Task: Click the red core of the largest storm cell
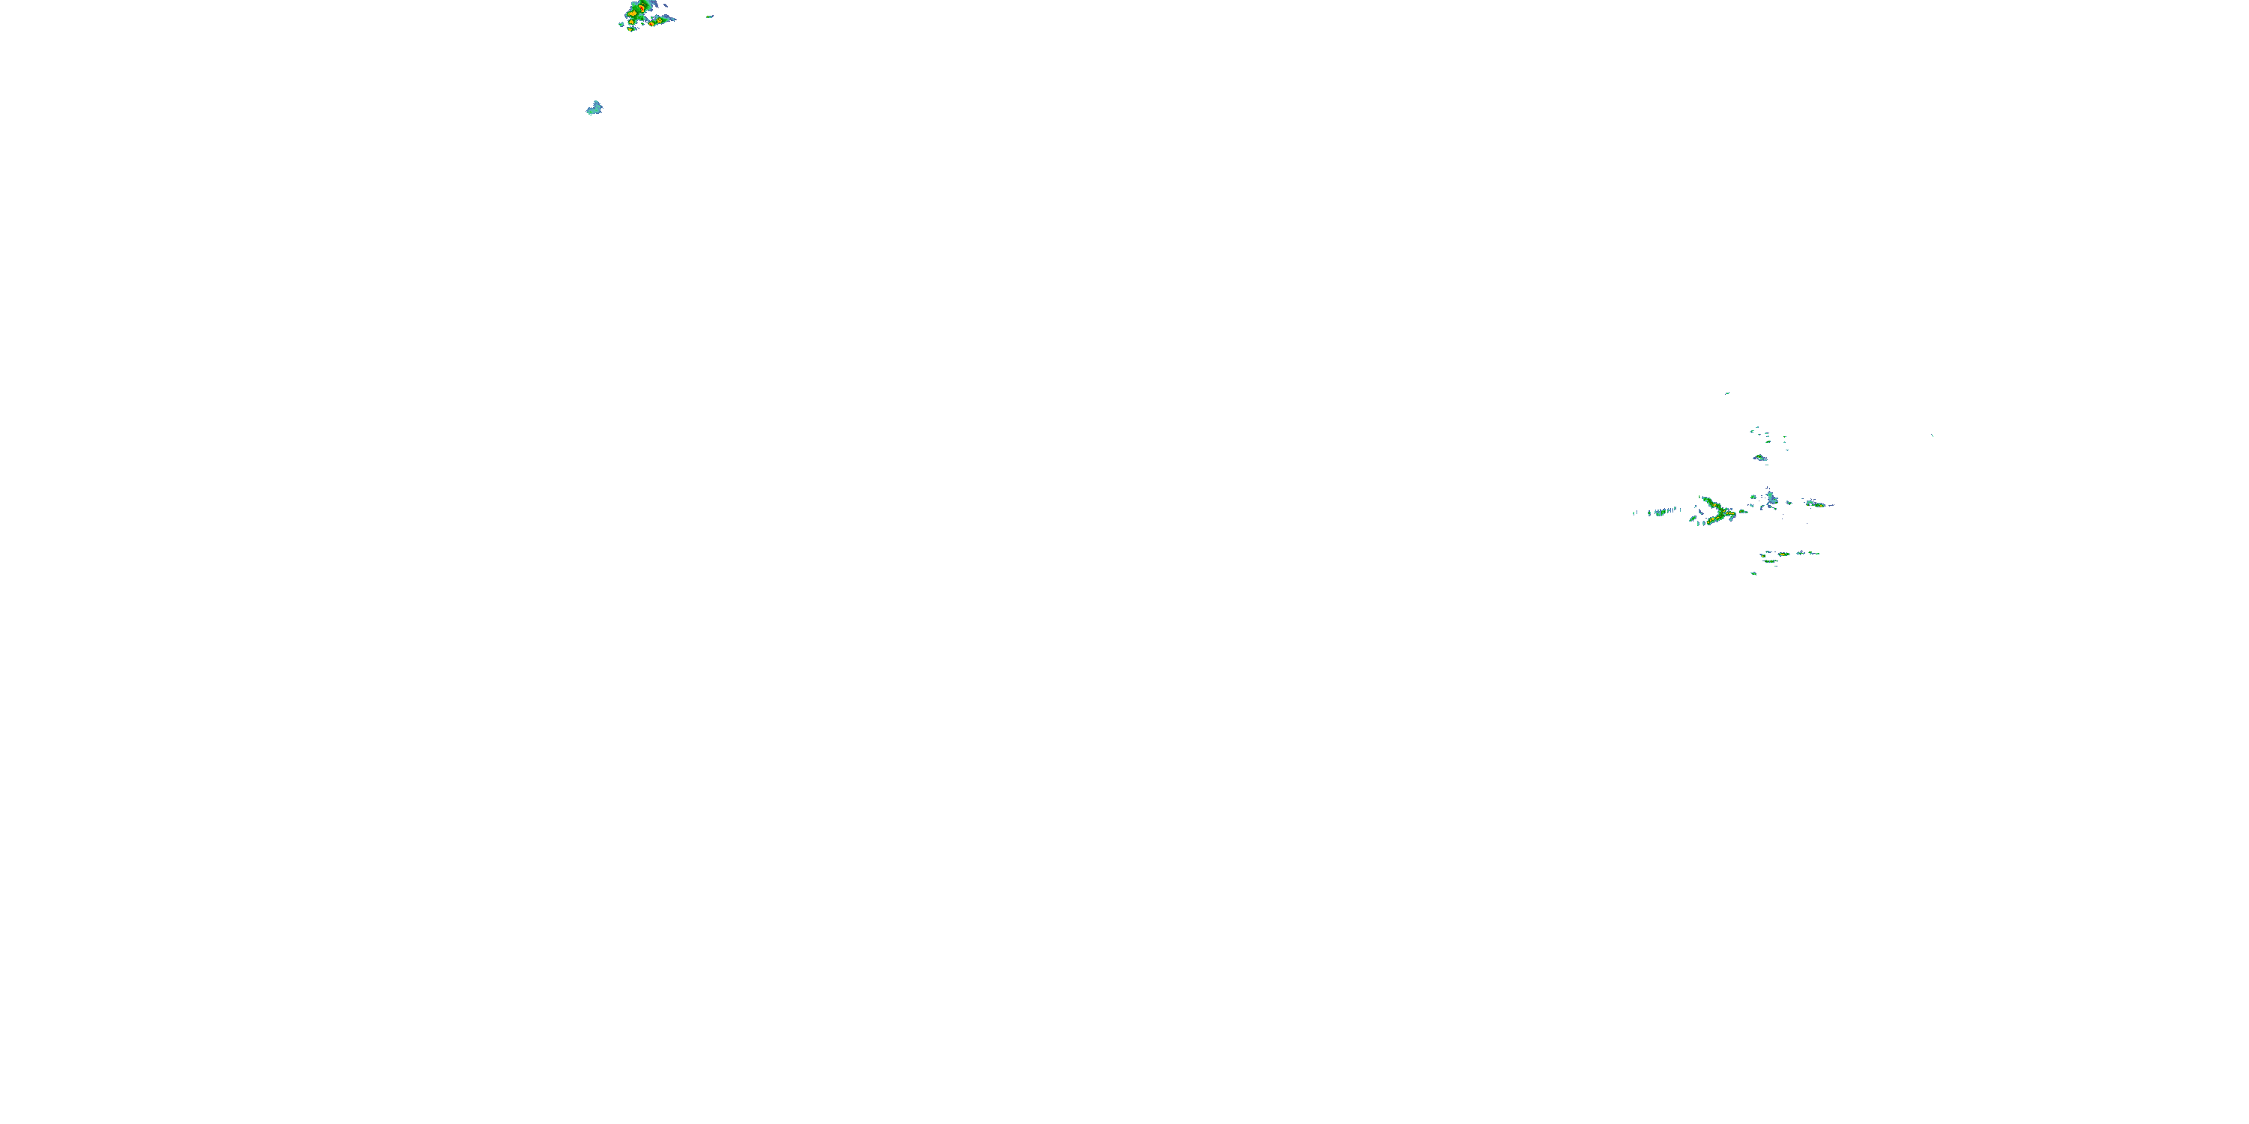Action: [641, 7]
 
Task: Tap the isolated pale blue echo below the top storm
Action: [594, 108]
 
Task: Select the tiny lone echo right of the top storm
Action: [710, 16]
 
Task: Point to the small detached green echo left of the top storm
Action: [621, 25]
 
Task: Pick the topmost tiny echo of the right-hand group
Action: [1727, 393]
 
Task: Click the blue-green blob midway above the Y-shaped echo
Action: [1760, 457]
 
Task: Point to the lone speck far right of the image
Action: [1932, 435]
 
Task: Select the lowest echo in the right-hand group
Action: [1753, 573]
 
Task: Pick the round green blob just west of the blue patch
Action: [1754, 498]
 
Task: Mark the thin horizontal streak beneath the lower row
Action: [1771, 562]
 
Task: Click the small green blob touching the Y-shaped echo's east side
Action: [1744, 510]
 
